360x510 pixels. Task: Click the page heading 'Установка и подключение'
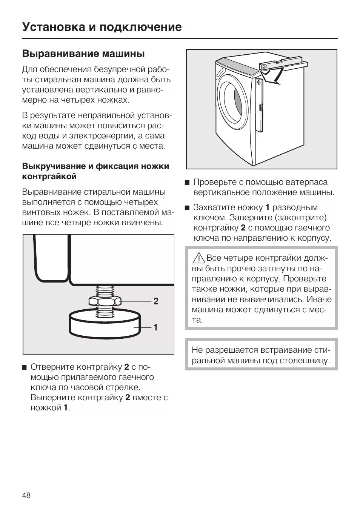pos(102,27)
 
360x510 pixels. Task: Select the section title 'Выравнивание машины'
pos(83,54)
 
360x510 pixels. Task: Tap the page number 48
pos(26,495)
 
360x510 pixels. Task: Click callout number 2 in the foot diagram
pos(156,301)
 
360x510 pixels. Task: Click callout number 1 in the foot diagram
pos(155,327)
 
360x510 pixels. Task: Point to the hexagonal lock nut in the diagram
pos(105,301)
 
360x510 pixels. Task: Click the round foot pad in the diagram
pos(105,323)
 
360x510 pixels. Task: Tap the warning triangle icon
pos(198,258)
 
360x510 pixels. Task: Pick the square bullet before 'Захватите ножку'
pos(187,208)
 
